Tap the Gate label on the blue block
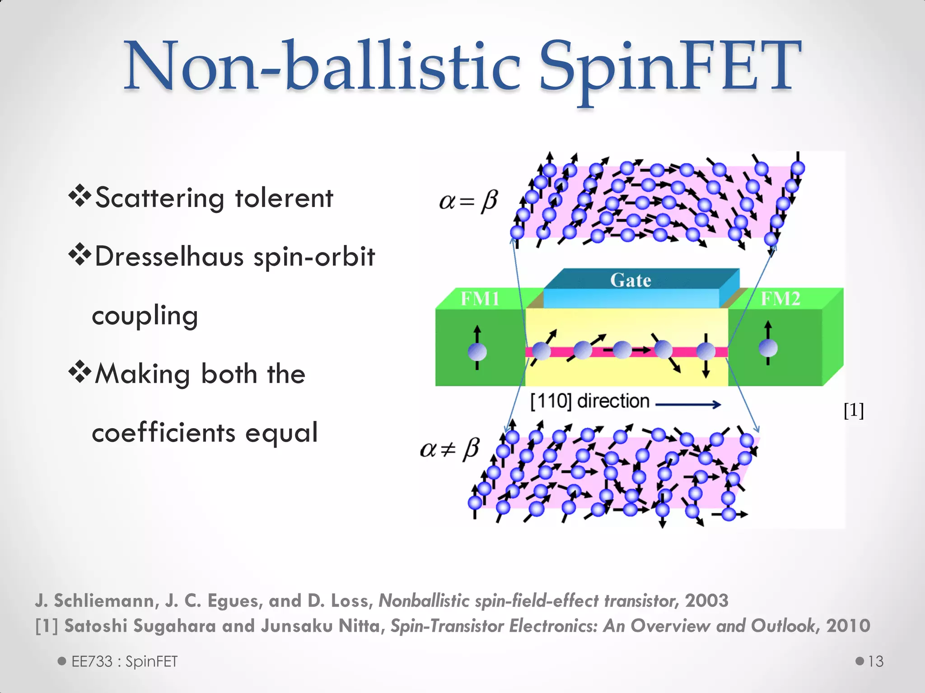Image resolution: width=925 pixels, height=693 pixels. pyautogui.click(x=631, y=280)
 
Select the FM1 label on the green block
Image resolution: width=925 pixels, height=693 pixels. pyautogui.click(x=480, y=299)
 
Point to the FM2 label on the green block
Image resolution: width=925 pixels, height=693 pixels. pyautogui.click(x=780, y=299)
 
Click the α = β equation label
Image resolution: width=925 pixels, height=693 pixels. pyautogui.click(x=468, y=201)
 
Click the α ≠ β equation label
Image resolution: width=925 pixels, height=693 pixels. pyautogui.click(x=449, y=449)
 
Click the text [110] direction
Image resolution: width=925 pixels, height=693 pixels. pyautogui.click(x=589, y=401)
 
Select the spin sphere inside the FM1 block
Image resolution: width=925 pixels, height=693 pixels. pyautogui.click(x=477, y=351)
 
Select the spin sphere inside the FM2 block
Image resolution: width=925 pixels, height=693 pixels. pyautogui.click(x=768, y=348)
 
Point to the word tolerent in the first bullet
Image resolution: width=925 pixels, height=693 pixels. pyautogui.click(x=284, y=198)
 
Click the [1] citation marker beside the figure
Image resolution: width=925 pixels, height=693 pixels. pyautogui.click(x=854, y=410)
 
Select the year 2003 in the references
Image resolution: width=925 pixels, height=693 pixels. pyautogui.click(x=706, y=601)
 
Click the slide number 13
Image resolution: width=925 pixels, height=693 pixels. pyautogui.click(x=875, y=661)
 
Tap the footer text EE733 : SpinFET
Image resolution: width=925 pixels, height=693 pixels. pyautogui.click(x=124, y=661)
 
